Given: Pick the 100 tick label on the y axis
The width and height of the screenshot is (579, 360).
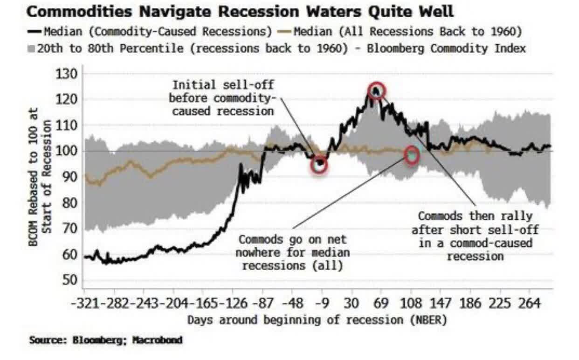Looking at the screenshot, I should pos(66,151).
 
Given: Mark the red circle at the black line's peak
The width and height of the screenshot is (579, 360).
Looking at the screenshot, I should pos(376,90).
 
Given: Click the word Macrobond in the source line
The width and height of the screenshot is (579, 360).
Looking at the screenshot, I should pos(157,340).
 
